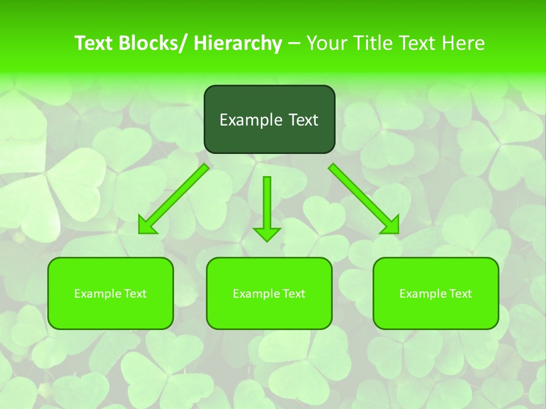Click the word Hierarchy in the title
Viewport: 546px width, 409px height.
[x=238, y=43]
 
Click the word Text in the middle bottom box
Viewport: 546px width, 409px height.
[x=293, y=294]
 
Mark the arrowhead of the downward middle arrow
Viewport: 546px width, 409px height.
[x=267, y=233]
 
